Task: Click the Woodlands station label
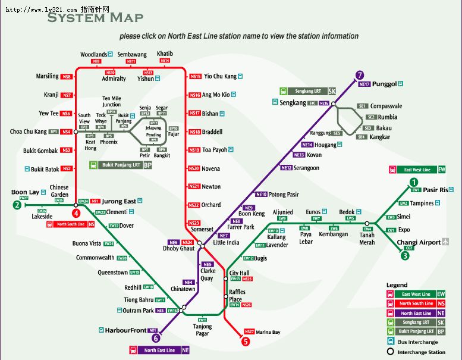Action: [93, 54]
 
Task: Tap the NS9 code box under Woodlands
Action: [96, 61]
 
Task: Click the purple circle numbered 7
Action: [359, 75]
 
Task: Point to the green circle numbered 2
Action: [17, 205]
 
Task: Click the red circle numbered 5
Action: [245, 342]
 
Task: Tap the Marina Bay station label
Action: [268, 332]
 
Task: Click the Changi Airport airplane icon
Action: [447, 242]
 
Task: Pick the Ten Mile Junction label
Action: [111, 101]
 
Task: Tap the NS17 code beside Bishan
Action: [194, 113]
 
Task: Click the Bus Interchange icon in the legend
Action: [390, 342]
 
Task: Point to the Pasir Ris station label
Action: [434, 190]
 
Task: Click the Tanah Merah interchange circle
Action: [367, 224]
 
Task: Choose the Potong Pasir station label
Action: [284, 194]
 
